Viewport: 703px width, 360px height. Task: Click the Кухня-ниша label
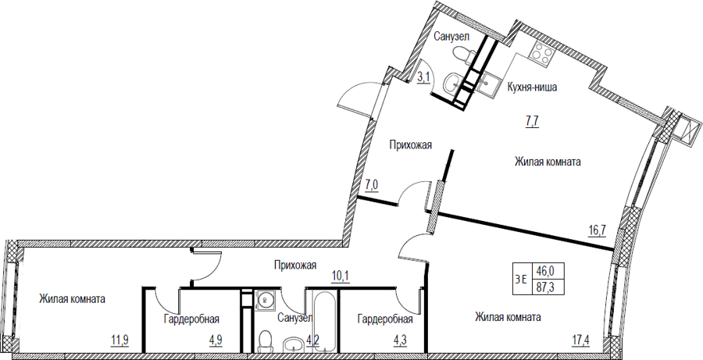pos(532,87)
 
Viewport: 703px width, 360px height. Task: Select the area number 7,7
pos(532,121)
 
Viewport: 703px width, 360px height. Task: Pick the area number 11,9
pos(120,338)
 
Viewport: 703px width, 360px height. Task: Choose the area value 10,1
pos(340,275)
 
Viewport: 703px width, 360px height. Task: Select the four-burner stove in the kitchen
pos(541,54)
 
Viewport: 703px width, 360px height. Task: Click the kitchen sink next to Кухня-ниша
pos(487,83)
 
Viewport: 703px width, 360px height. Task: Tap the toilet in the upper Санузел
pos(463,56)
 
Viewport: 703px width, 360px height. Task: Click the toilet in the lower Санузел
pos(266,340)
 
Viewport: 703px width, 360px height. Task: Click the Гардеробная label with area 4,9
pos(191,319)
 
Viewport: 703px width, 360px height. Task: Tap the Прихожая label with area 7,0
pos(410,144)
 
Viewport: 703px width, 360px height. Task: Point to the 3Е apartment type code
pos(520,279)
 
